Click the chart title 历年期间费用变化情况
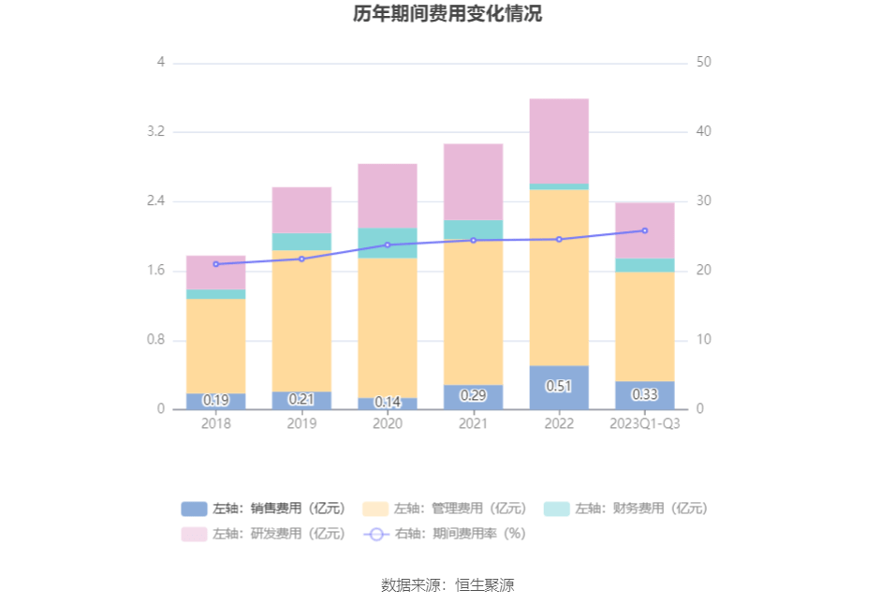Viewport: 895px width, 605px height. point(447,14)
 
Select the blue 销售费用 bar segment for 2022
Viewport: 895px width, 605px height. point(559,387)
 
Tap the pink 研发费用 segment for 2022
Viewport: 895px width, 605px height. point(559,140)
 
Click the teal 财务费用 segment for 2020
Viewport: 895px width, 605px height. point(388,243)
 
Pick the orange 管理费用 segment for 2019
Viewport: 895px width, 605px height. point(301,320)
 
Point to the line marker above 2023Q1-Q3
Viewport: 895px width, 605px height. point(645,230)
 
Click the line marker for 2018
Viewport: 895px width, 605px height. point(215,264)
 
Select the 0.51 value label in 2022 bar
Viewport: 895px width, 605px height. point(559,386)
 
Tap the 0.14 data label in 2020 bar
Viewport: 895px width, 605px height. point(388,402)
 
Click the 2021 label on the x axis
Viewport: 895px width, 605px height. point(473,423)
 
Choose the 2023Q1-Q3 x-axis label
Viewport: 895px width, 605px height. point(645,423)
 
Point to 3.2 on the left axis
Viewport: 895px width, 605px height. point(155,132)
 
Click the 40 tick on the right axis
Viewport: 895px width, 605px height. point(704,132)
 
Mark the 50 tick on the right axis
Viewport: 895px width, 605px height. point(704,63)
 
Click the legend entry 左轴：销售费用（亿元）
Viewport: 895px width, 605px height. point(264,509)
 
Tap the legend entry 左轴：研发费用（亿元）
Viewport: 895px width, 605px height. point(264,534)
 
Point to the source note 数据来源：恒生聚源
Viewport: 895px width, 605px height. point(447,585)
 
